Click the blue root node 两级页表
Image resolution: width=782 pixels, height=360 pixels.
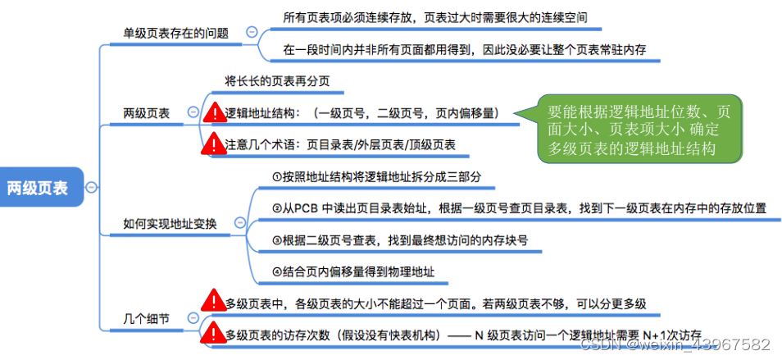[42, 188]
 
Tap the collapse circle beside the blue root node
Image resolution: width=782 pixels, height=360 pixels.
[91, 188]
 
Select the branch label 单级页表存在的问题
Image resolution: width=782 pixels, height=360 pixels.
[175, 33]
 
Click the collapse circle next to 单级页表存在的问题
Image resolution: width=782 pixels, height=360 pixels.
[251, 33]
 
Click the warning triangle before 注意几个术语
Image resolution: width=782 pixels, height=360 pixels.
[215, 144]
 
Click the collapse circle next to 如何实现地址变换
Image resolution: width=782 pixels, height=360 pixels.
[239, 223]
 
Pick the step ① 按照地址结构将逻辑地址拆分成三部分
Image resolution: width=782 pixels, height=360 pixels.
[375, 176]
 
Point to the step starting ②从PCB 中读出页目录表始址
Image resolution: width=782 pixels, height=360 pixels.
[518, 208]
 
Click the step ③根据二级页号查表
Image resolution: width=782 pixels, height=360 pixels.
[399, 240]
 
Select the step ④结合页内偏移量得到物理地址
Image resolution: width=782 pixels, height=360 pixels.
[353, 271]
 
